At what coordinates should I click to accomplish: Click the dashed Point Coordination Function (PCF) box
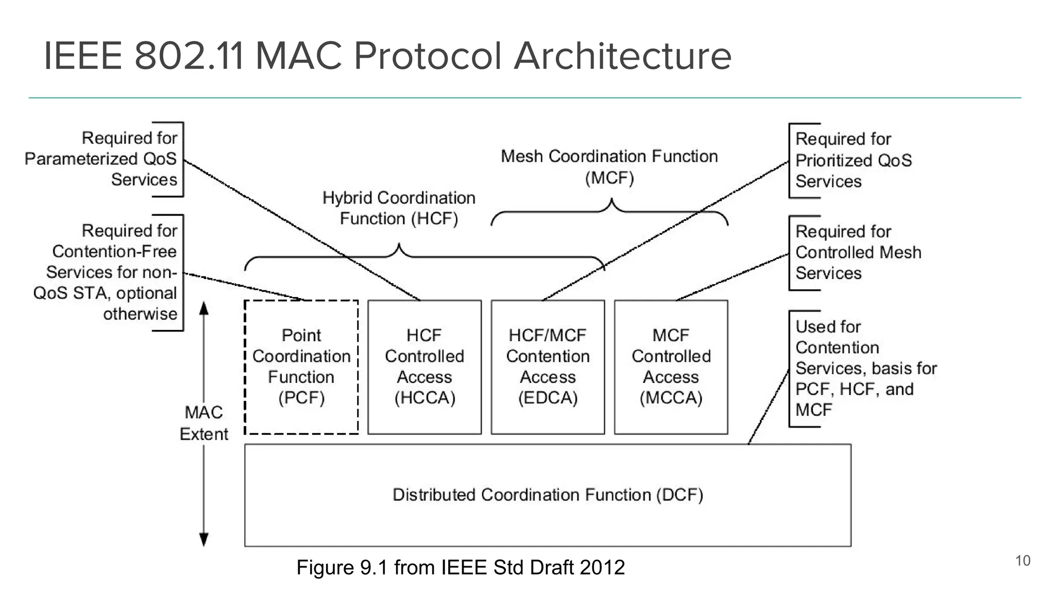pos(301,367)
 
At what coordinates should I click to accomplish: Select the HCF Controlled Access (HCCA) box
pos(424,367)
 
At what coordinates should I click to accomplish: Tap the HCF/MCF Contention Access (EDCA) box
pos(548,367)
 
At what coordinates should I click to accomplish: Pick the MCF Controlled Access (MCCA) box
pos(671,367)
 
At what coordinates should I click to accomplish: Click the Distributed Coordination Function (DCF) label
pos(548,495)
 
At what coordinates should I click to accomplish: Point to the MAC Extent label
pos(204,423)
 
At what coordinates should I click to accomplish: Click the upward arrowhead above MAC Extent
pos(204,308)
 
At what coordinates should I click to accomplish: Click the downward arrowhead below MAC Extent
pos(204,539)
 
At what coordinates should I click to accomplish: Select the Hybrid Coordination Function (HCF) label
pos(399,208)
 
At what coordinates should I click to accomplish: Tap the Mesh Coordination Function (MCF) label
pos(609,167)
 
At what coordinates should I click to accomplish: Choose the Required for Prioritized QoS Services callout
pos(853,160)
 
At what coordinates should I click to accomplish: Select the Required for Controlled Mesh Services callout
pos(857,252)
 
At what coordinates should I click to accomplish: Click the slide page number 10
pos(1022,561)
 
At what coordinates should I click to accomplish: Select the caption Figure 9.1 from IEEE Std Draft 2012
pos(461,568)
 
